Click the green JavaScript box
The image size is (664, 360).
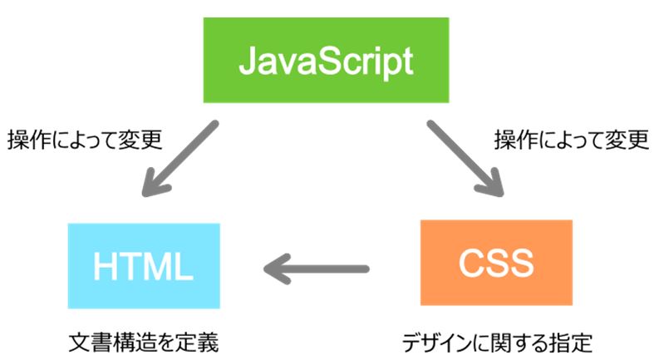click(326, 60)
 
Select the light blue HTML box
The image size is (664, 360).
click(144, 266)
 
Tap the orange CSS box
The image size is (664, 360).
click(496, 263)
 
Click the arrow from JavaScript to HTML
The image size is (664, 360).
click(180, 159)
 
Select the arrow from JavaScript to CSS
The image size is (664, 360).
click(465, 159)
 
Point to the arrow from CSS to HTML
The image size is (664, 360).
click(317, 269)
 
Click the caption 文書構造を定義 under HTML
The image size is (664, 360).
click(144, 343)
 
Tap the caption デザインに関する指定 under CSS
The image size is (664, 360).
click(497, 343)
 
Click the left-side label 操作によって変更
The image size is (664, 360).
click(85, 140)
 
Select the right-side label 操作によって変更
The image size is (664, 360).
click(571, 140)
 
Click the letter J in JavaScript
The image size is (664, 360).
click(248, 62)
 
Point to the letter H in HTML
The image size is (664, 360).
click(104, 266)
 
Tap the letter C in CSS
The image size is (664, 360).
click(472, 263)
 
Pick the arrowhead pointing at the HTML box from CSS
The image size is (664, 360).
click(277, 269)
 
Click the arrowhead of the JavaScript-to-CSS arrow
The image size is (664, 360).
click(491, 183)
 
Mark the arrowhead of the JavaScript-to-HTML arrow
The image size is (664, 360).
click(155, 183)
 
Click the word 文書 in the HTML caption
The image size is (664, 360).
click(90, 343)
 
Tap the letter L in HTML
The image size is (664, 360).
click(184, 266)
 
